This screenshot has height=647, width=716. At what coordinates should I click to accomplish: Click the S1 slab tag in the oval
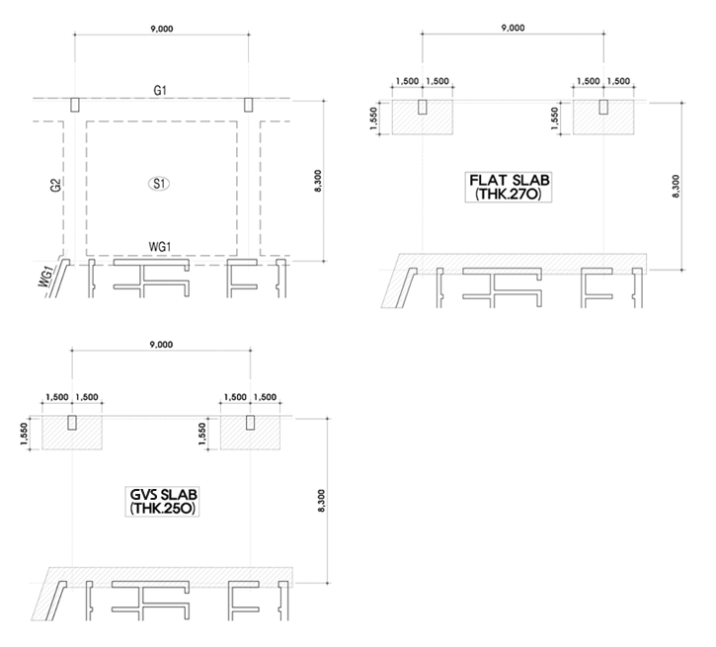point(158,184)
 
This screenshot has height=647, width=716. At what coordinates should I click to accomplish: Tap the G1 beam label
point(160,91)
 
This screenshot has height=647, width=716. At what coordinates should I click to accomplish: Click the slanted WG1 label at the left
point(46,276)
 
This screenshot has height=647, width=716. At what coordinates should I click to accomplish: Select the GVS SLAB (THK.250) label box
point(159,502)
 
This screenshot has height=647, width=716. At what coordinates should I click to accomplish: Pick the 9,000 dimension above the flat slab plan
point(513,29)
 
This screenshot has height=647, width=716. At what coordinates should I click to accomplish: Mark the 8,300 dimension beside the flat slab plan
point(676,187)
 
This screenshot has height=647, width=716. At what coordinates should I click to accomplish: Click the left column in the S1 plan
point(75,104)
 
